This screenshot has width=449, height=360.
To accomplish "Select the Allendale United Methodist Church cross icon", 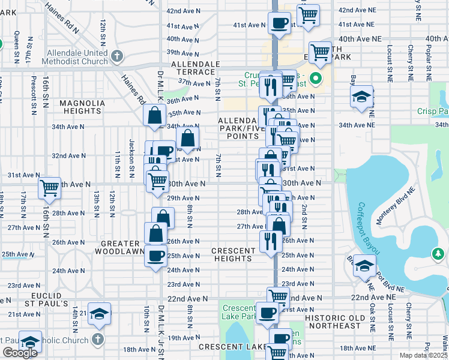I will click(x=116, y=56).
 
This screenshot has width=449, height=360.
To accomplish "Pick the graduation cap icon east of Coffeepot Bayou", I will click(x=364, y=264).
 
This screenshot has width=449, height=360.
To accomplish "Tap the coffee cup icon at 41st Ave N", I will click(x=279, y=23).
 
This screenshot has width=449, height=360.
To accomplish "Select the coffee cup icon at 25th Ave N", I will click(x=156, y=256).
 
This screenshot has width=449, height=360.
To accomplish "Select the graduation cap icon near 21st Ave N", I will click(x=100, y=313).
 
